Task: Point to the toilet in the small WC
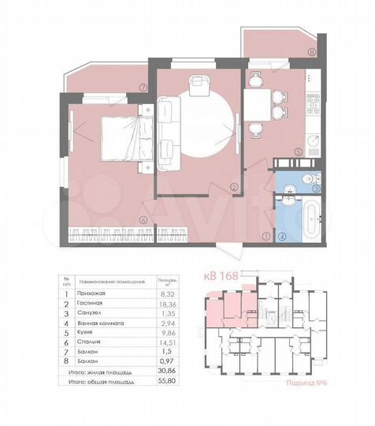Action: [x=291, y=184]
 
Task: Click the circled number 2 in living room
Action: [x=234, y=187]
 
